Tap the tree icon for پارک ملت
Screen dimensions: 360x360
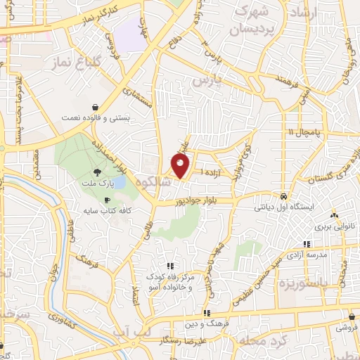click(96, 172)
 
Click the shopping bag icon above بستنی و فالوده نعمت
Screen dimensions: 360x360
click(94, 108)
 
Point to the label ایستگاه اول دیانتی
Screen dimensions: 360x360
click(283, 208)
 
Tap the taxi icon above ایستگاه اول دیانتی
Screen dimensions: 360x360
click(283, 196)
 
